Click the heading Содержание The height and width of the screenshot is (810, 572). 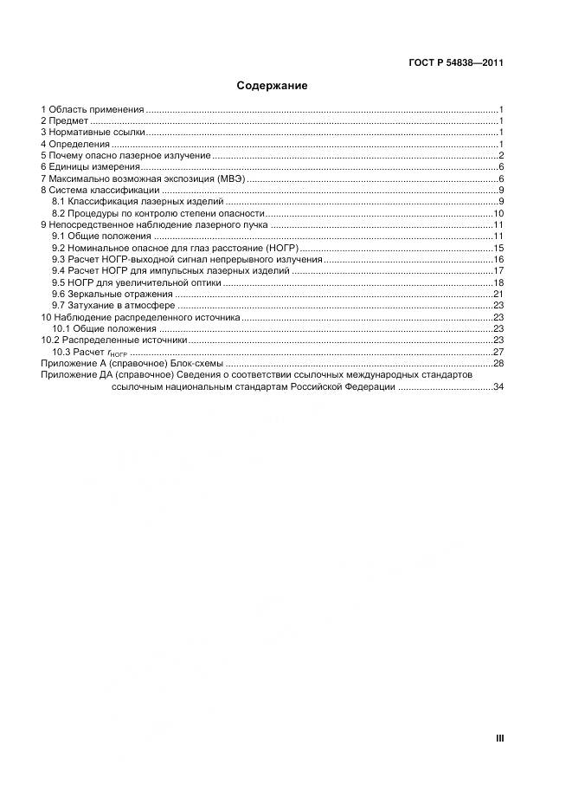272,87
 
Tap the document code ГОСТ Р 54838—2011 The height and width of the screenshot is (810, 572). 455,62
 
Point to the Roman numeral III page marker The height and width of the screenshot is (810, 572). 499,739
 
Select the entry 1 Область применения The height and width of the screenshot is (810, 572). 93,110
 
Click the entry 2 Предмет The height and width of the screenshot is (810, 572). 65,121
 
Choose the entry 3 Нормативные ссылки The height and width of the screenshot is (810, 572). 93,133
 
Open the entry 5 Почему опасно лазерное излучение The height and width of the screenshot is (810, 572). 125,155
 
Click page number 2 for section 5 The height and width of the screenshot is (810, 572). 501,155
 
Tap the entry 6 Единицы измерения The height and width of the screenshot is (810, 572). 90,166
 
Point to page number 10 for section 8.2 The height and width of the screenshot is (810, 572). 498,213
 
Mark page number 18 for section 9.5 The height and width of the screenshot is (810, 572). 498,282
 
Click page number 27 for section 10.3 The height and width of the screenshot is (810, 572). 498,353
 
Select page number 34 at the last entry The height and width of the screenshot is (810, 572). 498,387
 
